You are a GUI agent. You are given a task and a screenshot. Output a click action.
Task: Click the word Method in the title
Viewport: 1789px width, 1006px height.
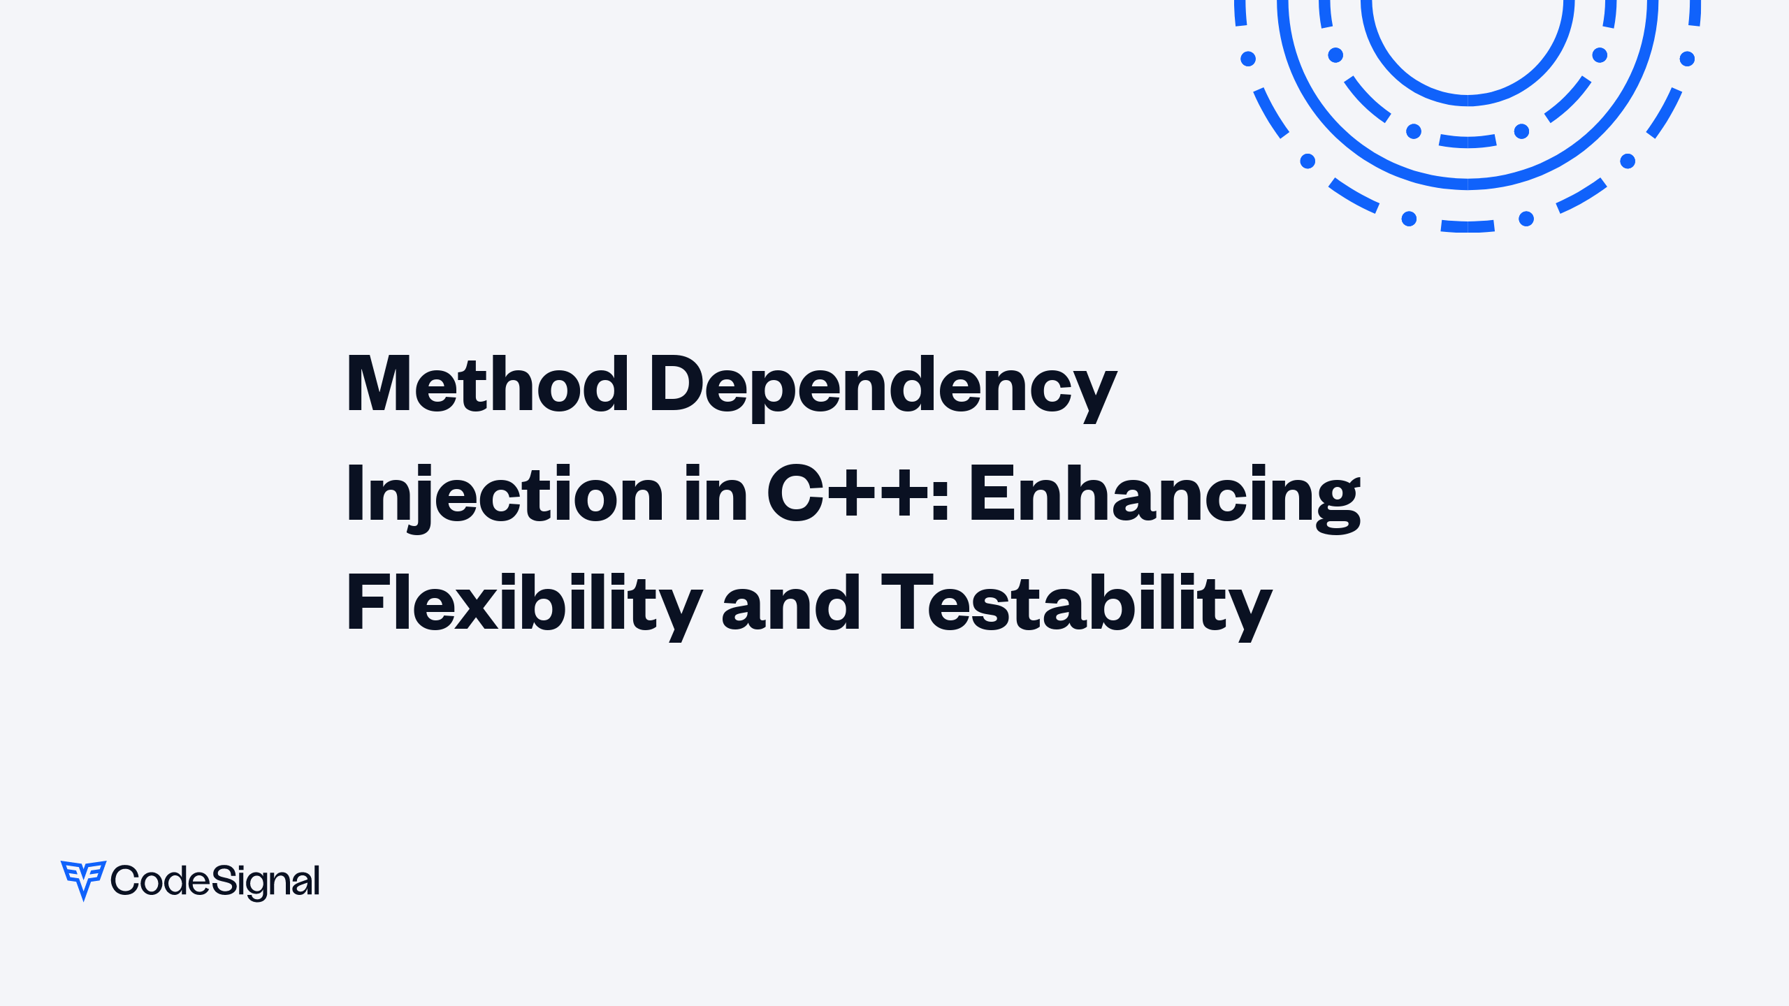487,384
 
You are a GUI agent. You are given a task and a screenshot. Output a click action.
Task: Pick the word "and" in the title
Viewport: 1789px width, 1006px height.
791,602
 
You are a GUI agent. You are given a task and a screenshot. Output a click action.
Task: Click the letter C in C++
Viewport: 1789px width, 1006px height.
795,493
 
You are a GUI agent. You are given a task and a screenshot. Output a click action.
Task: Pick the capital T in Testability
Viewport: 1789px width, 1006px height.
908,602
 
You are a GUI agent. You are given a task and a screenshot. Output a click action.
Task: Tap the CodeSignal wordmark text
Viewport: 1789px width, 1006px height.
215,882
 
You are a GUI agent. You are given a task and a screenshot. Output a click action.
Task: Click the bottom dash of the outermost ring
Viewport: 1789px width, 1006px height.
1468,226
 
